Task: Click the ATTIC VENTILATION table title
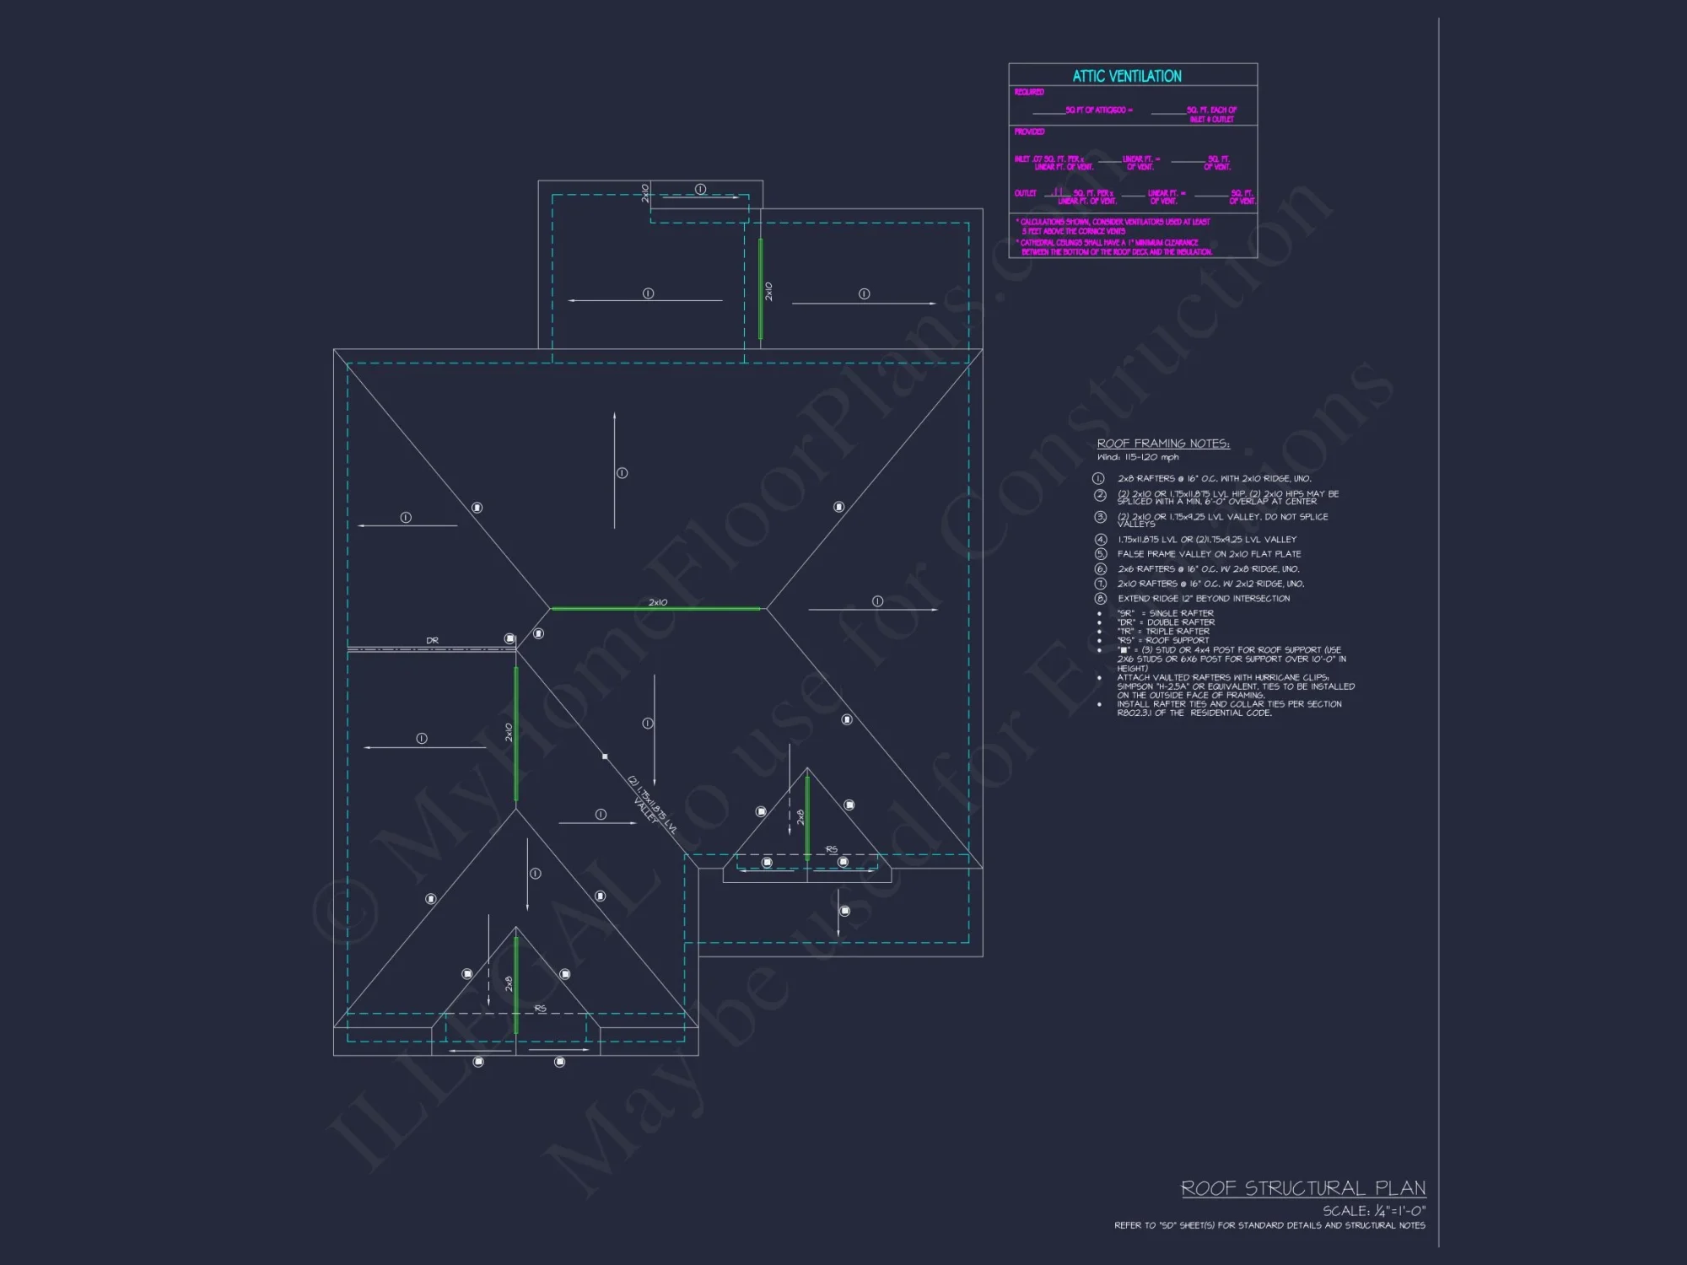pyautogui.click(x=1127, y=76)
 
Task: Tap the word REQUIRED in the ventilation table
pyautogui.click(x=1029, y=92)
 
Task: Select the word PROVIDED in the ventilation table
pyautogui.click(x=1029, y=132)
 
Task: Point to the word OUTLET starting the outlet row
pyautogui.click(x=1025, y=193)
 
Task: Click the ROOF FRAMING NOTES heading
pyautogui.click(x=1163, y=444)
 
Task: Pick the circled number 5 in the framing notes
pyautogui.click(x=1100, y=554)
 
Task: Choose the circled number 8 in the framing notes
pyautogui.click(x=1100, y=599)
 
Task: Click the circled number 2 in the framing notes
pyautogui.click(x=1100, y=495)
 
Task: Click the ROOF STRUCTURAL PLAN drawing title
pyautogui.click(x=1303, y=1188)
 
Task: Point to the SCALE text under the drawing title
pyautogui.click(x=1373, y=1211)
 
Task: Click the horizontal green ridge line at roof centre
pyautogui.click(x=655, y=608)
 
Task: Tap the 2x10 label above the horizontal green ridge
pyautogui.click(x=658, y=602)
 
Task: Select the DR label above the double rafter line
pyautogui.click(x=433, y=641)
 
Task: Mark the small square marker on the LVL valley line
pyautogui.click(x=605, y=756)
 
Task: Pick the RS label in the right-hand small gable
pyautogui.click(x=832, y=849)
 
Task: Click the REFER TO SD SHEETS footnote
pyautogui.click(x=1269, y=1225)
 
